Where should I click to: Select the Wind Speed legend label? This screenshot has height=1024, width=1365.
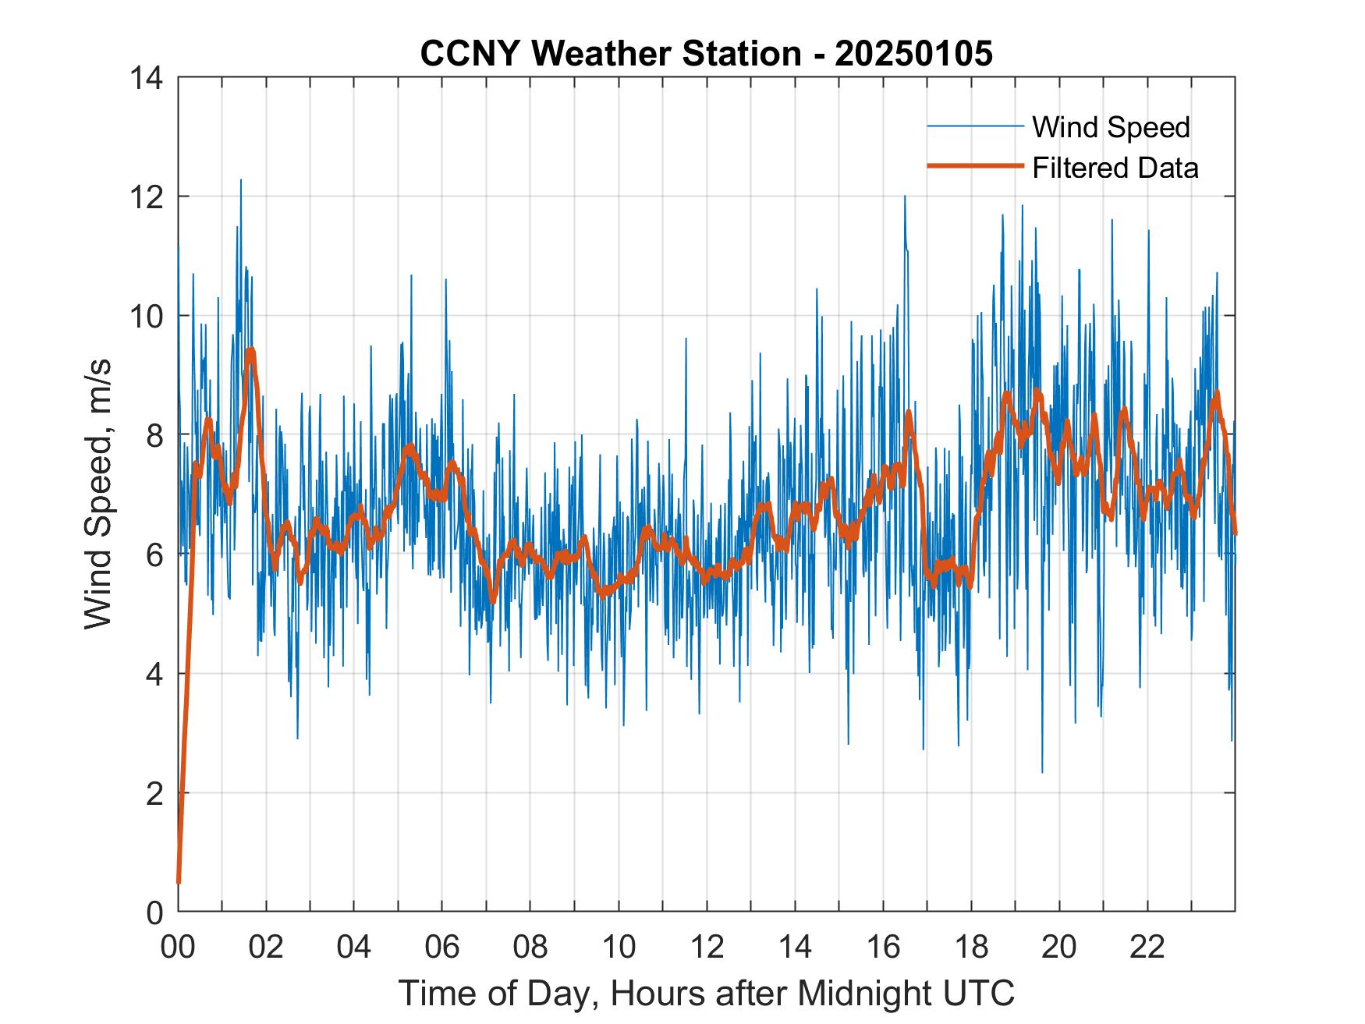pos(1111,127)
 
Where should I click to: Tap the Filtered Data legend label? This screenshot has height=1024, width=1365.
pos(1115,168)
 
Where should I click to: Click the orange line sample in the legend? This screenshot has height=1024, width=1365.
pos(975,166)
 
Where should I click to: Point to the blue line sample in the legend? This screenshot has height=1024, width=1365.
pos(975,126)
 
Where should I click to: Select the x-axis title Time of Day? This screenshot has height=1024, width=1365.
pos(706,994)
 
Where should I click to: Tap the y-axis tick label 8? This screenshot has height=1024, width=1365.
pos(154,435)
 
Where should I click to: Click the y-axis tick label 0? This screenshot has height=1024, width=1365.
pos(154,912)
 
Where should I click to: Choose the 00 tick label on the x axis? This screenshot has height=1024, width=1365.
pos(178,948)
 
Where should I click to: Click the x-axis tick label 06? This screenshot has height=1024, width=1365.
pos(442,948)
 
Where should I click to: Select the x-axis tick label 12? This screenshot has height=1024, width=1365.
pos(707,948)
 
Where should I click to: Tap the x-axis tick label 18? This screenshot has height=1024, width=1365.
pos(971,948)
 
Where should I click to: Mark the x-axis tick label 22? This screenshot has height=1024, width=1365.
pos(1147,948)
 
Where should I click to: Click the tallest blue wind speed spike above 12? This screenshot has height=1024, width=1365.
pos(240,182)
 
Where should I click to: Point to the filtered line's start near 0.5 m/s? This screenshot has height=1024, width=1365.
pos(179,881)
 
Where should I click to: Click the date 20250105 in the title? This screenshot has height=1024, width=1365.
pos(913,54)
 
